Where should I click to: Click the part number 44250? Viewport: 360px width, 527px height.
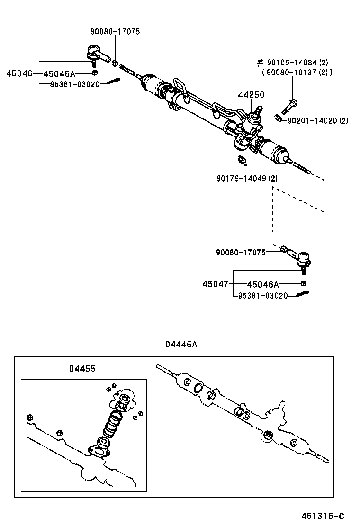251,95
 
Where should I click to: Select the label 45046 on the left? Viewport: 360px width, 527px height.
19,73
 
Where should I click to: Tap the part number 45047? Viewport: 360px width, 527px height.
215,284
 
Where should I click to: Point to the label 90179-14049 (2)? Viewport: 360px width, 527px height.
247,179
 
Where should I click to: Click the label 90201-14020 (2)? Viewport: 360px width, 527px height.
317,121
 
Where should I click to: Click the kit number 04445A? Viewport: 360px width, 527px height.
181,345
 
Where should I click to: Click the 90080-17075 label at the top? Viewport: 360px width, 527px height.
116,32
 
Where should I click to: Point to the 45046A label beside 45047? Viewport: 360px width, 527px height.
263,284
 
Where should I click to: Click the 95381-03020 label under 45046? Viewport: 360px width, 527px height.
75,84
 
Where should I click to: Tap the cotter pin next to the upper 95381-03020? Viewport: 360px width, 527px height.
110,82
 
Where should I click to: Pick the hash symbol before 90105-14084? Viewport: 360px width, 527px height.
260,63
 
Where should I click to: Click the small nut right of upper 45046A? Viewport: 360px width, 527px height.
94,73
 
